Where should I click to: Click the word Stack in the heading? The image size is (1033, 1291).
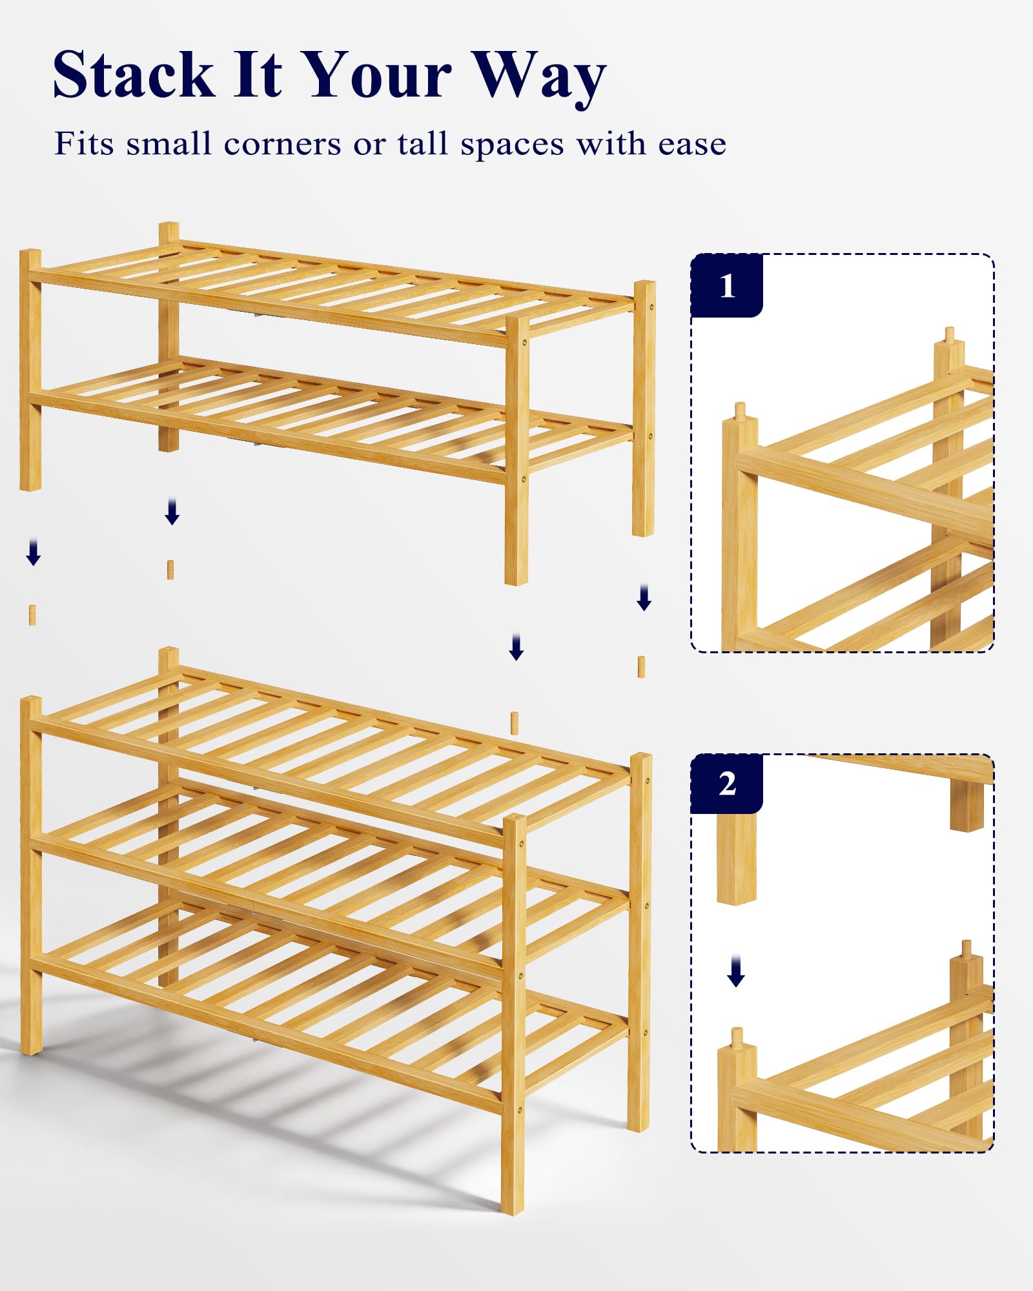(133, 74)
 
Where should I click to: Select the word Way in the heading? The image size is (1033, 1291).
(539, 79)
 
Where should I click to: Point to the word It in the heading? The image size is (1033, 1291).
(258, 74)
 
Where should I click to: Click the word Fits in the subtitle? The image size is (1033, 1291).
(84, 143)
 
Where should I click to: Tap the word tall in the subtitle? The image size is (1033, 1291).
(423, 143)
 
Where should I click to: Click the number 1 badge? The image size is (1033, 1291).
(727, 285)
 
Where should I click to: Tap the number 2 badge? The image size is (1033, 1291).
(727, 784)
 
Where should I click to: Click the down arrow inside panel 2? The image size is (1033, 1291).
(736, 972)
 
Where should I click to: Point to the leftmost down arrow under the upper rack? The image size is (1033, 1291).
(34, 553)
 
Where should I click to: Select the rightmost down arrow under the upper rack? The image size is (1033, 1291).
(644, 597)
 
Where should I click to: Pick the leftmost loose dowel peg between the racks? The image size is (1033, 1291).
(32, 615)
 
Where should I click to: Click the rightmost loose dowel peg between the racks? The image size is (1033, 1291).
(641, 667)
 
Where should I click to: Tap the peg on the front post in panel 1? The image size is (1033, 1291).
(741, 411)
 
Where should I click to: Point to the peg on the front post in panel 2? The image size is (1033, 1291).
(737, 1037)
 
